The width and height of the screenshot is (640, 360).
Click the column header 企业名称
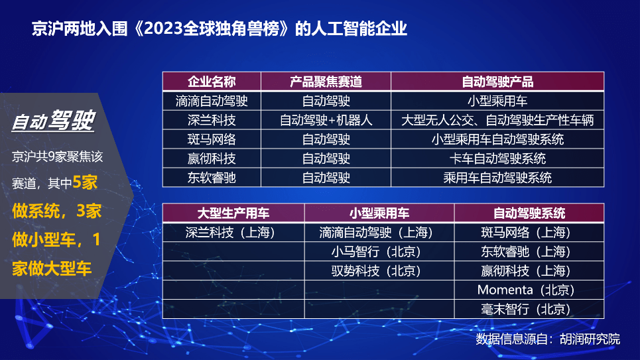coord(212,82)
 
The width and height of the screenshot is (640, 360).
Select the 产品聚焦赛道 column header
coord(326,82)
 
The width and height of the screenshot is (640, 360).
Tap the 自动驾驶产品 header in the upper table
coord(497,82)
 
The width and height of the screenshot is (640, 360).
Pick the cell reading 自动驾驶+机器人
coord(326,120)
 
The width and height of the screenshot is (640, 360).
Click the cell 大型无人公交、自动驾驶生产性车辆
coord(497,120)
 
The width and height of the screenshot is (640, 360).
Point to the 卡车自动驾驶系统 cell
coord(497,158)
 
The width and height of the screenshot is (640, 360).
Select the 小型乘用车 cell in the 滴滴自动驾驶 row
coord(497,101)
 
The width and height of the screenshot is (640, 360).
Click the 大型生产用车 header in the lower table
coord(233,213)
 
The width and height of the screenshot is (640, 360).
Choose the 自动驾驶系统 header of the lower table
coord(529,213)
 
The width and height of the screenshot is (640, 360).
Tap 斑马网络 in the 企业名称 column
coord(212,139)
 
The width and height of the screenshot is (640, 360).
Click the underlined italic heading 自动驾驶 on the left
coord(54,121)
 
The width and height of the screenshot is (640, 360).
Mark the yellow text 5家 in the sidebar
coord(85,182)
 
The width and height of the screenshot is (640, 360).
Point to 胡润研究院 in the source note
coord(590,339)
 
